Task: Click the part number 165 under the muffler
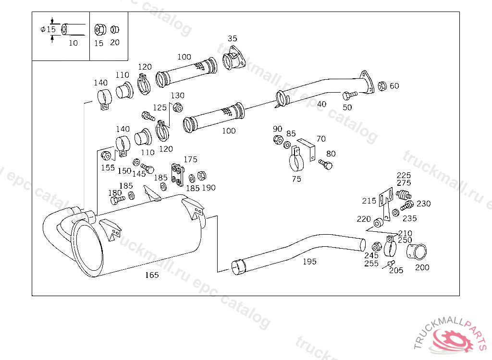152,275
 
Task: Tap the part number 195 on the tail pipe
309,262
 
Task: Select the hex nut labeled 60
382,86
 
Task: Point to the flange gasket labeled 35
234,59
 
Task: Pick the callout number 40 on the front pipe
321,104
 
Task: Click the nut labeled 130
178,107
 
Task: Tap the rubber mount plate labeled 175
178,175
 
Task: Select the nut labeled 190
202,176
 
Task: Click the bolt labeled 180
118,200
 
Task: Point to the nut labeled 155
106,156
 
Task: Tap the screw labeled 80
325,164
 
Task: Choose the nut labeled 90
278,140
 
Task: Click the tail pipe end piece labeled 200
417,252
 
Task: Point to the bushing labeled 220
378,223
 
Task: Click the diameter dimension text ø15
48,29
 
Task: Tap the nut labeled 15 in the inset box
100,30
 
